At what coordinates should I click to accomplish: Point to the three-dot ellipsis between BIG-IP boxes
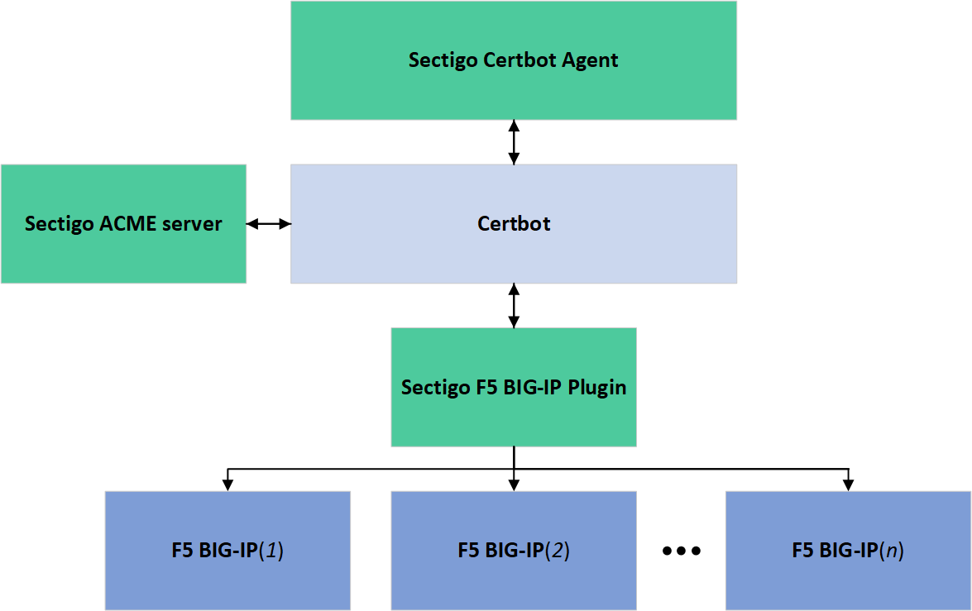pyautogui.click(x=682, y=551)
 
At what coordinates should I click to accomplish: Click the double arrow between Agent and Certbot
pyautogui.click(x=514, y=141)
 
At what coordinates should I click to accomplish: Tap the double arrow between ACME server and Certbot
pyautogui.click(x=268, y=224)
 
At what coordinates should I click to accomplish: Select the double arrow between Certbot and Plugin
pyautogui.click(x=514, y=305)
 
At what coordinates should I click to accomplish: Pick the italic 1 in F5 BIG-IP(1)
pyautogui.click(x=270, y=551)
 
